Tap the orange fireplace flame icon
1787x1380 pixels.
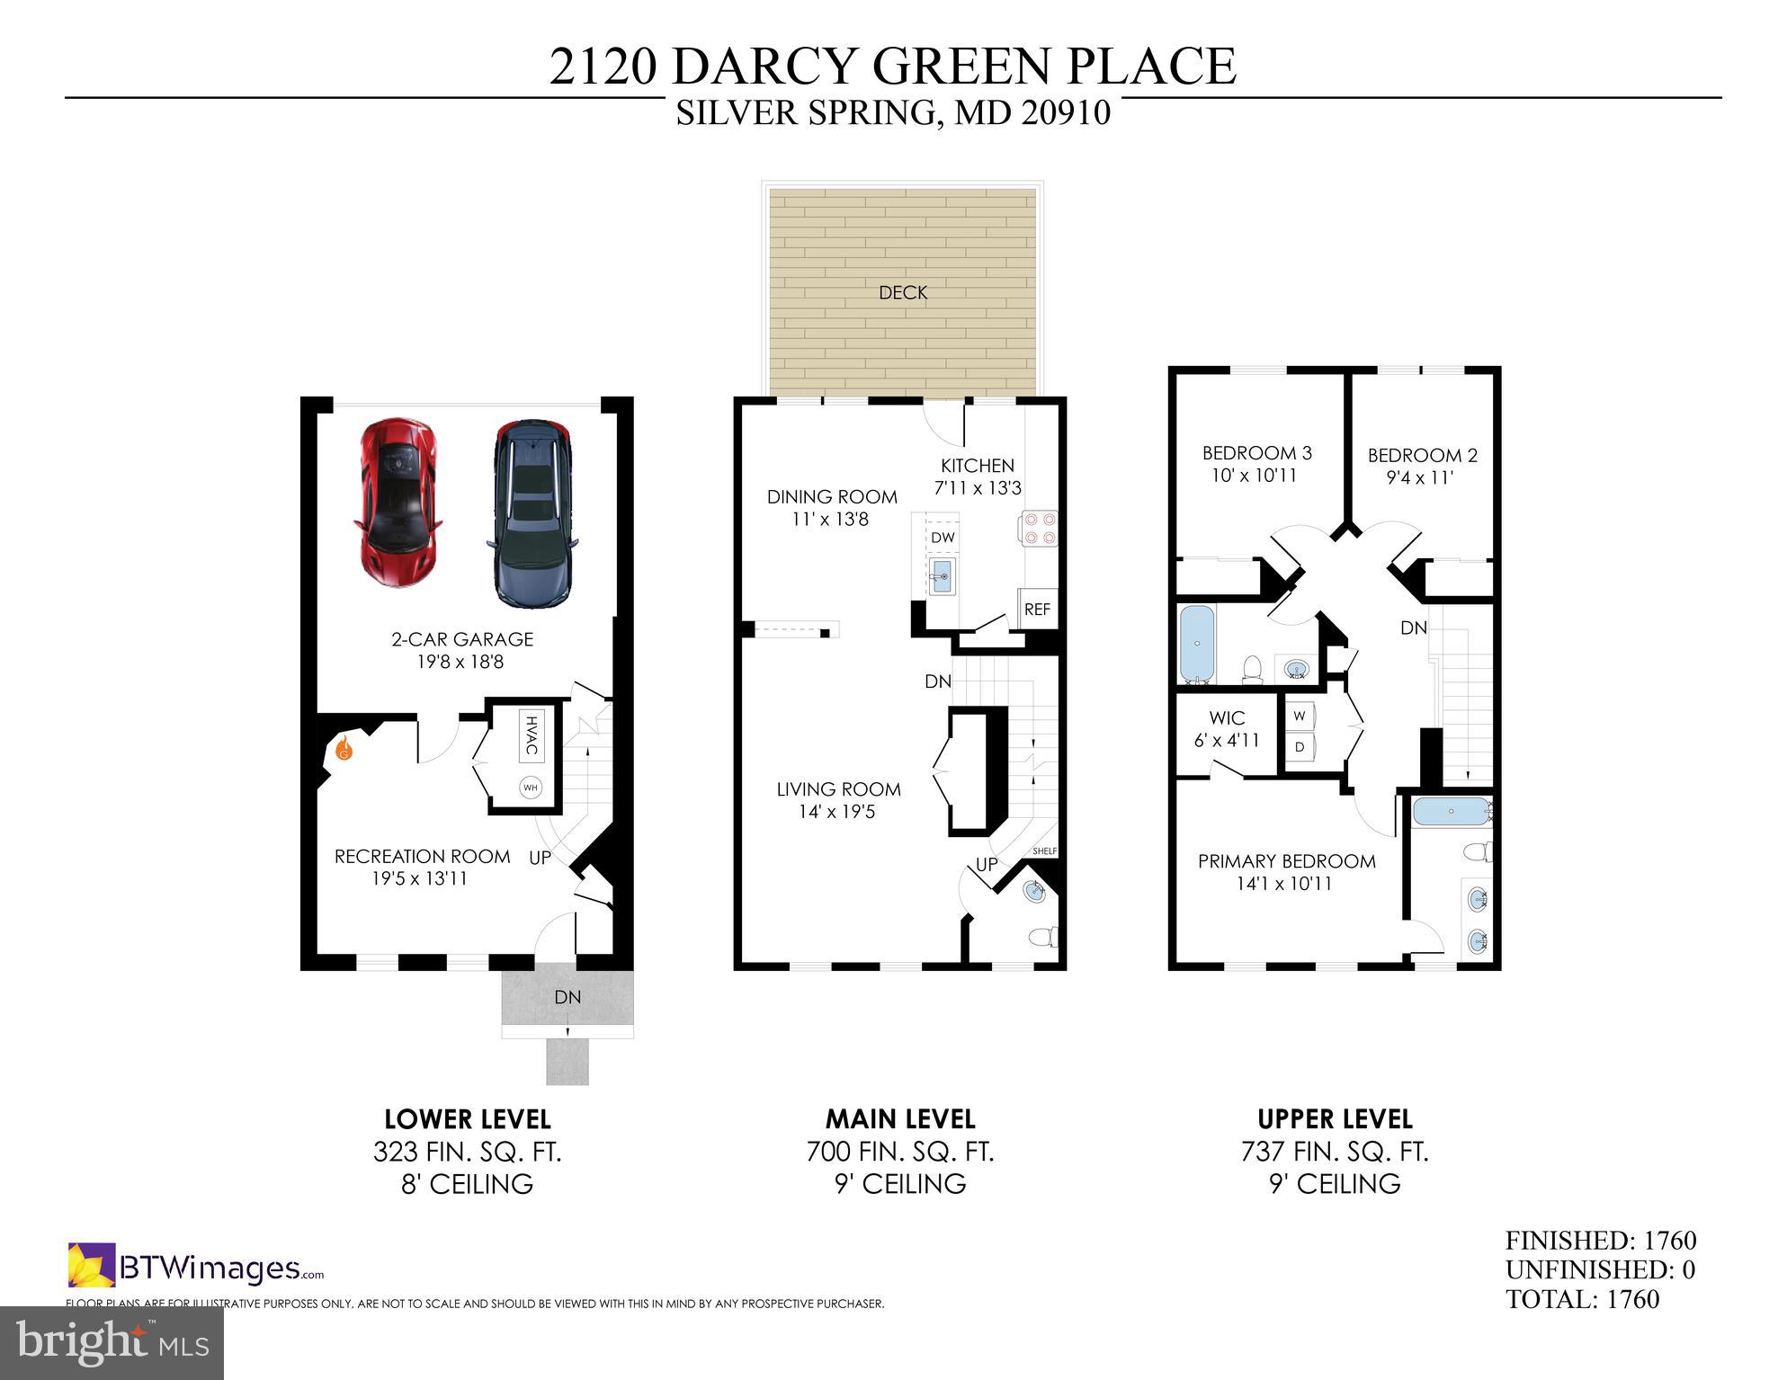(x=344, y=748)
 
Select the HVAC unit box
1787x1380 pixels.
(x=531, y=735)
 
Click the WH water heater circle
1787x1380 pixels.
(x=531, y=788)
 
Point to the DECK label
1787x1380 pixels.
(x=902, y=292)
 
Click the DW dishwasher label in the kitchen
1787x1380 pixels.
(x=942, y=538)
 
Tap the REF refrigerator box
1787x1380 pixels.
(x=1037, y=609)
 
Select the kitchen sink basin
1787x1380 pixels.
(x=942, y=575)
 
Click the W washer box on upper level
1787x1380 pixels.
(x=1300, y=717)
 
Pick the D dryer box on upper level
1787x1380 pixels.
(x=1300, y=746)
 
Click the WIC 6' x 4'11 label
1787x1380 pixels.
(x=1227, y=729)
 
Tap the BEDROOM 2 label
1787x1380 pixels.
(x=1422, y=466)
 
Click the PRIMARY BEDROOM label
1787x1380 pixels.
(x=1286, y=872)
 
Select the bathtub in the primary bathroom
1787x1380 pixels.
(x=1450, y=812)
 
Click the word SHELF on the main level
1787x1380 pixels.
(x=1044, y=850)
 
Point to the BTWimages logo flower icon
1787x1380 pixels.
(x=92, y=1265)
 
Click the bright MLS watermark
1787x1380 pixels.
(x=112, y=1342)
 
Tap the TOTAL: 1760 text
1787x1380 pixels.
(x=1582, y=1299)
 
